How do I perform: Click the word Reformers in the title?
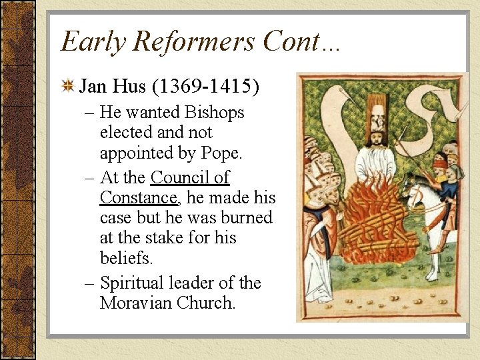194,41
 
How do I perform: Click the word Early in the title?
91,41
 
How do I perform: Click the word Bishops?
210,113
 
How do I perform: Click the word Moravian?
136,303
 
